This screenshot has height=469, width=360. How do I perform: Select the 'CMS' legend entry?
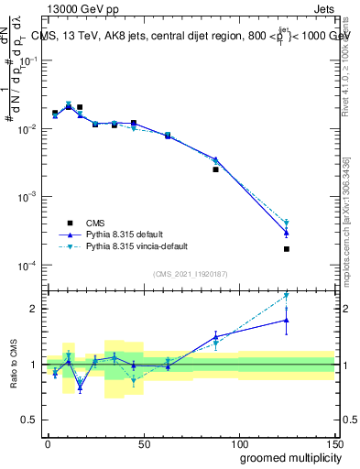coord(96,223)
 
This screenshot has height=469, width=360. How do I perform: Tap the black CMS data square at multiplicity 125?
coord(287,249)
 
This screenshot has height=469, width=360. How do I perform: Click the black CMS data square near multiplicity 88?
coord(216,169)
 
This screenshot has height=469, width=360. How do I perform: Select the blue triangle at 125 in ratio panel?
coord(287,320)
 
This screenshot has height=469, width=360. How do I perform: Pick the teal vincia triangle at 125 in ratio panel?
coord(287,296)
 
